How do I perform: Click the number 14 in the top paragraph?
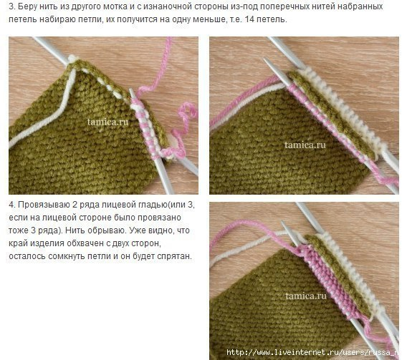pos(249,19)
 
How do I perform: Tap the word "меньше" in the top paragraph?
pos(210,19)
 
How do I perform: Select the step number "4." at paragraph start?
pos(12,205)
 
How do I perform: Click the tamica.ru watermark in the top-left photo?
pos(107,122)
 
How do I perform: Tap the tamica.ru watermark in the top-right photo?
pos(305,145)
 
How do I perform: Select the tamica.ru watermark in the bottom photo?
pos(306,296)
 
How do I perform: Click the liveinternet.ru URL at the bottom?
pos(312,352)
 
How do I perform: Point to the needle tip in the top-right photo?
pos(265,59)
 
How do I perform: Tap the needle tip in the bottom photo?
pos(282,223)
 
